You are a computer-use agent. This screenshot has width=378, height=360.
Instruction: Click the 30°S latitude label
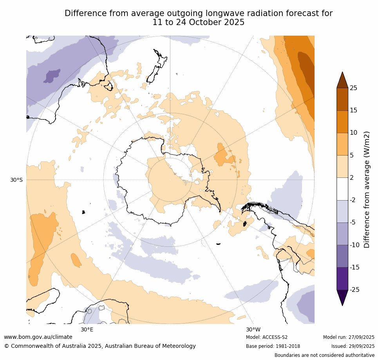tap(16, 180)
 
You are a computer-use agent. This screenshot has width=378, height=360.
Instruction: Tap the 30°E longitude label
tap(87, 329)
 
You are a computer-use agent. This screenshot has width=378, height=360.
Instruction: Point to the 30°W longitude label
tap(253, 329)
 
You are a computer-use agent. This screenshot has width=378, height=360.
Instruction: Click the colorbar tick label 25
tap(353, 88)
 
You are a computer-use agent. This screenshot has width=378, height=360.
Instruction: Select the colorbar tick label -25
tap(354, 290)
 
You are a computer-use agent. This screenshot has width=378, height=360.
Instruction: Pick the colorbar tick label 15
tap(353, 110)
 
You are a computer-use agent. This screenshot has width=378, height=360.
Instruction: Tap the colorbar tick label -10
tap(354, 245)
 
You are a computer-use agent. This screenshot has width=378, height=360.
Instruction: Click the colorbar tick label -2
tap(353, 200)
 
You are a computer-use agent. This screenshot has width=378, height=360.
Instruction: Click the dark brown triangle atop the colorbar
tap(342, 80)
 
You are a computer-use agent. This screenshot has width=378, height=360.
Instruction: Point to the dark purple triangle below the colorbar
tap(342, 297)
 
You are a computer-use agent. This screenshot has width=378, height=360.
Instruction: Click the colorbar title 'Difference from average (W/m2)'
tap(367, 189)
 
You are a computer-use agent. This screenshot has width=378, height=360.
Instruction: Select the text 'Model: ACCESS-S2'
tap(267, 337)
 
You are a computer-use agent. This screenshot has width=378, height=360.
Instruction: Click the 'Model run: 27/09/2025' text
tap(349, 337)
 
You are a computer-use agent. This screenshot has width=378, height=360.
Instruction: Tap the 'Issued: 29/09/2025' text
tap(353, 346)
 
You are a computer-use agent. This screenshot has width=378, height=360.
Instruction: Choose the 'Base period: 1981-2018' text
tap(273, 346)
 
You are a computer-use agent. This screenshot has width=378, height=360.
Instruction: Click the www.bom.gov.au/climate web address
tap(38, 337)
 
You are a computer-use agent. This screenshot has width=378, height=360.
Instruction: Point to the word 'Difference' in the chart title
tap(84, 13)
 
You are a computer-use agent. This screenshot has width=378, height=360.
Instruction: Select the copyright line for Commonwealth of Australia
tap(100, 346)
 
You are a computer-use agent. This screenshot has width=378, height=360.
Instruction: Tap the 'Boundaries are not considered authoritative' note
tap(324, 355)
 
